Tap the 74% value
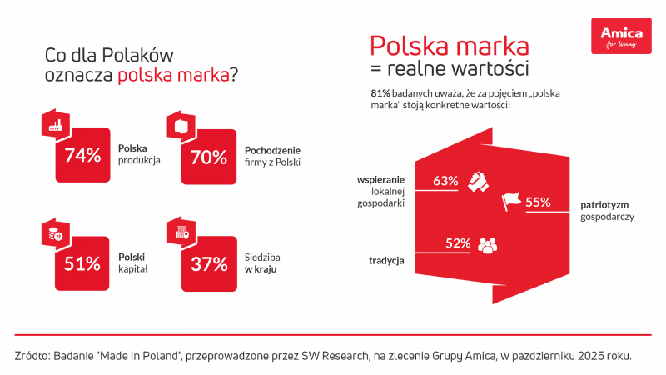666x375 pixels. tap(82, 155)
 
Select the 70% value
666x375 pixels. tap(209, 155)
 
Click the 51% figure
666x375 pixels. tap(82, 263)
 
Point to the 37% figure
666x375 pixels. tap(209, 263)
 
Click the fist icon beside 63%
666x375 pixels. tap(475, 180)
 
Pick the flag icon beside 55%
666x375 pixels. tap(509, 202)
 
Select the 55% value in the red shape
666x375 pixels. tap(538, 202)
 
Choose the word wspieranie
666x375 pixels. tap(380, 178)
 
